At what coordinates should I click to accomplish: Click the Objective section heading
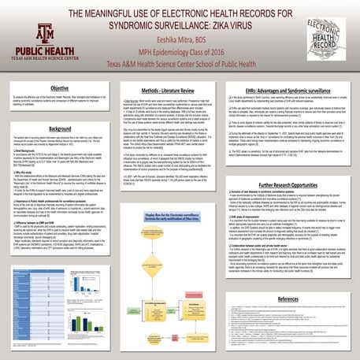point(61,89)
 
